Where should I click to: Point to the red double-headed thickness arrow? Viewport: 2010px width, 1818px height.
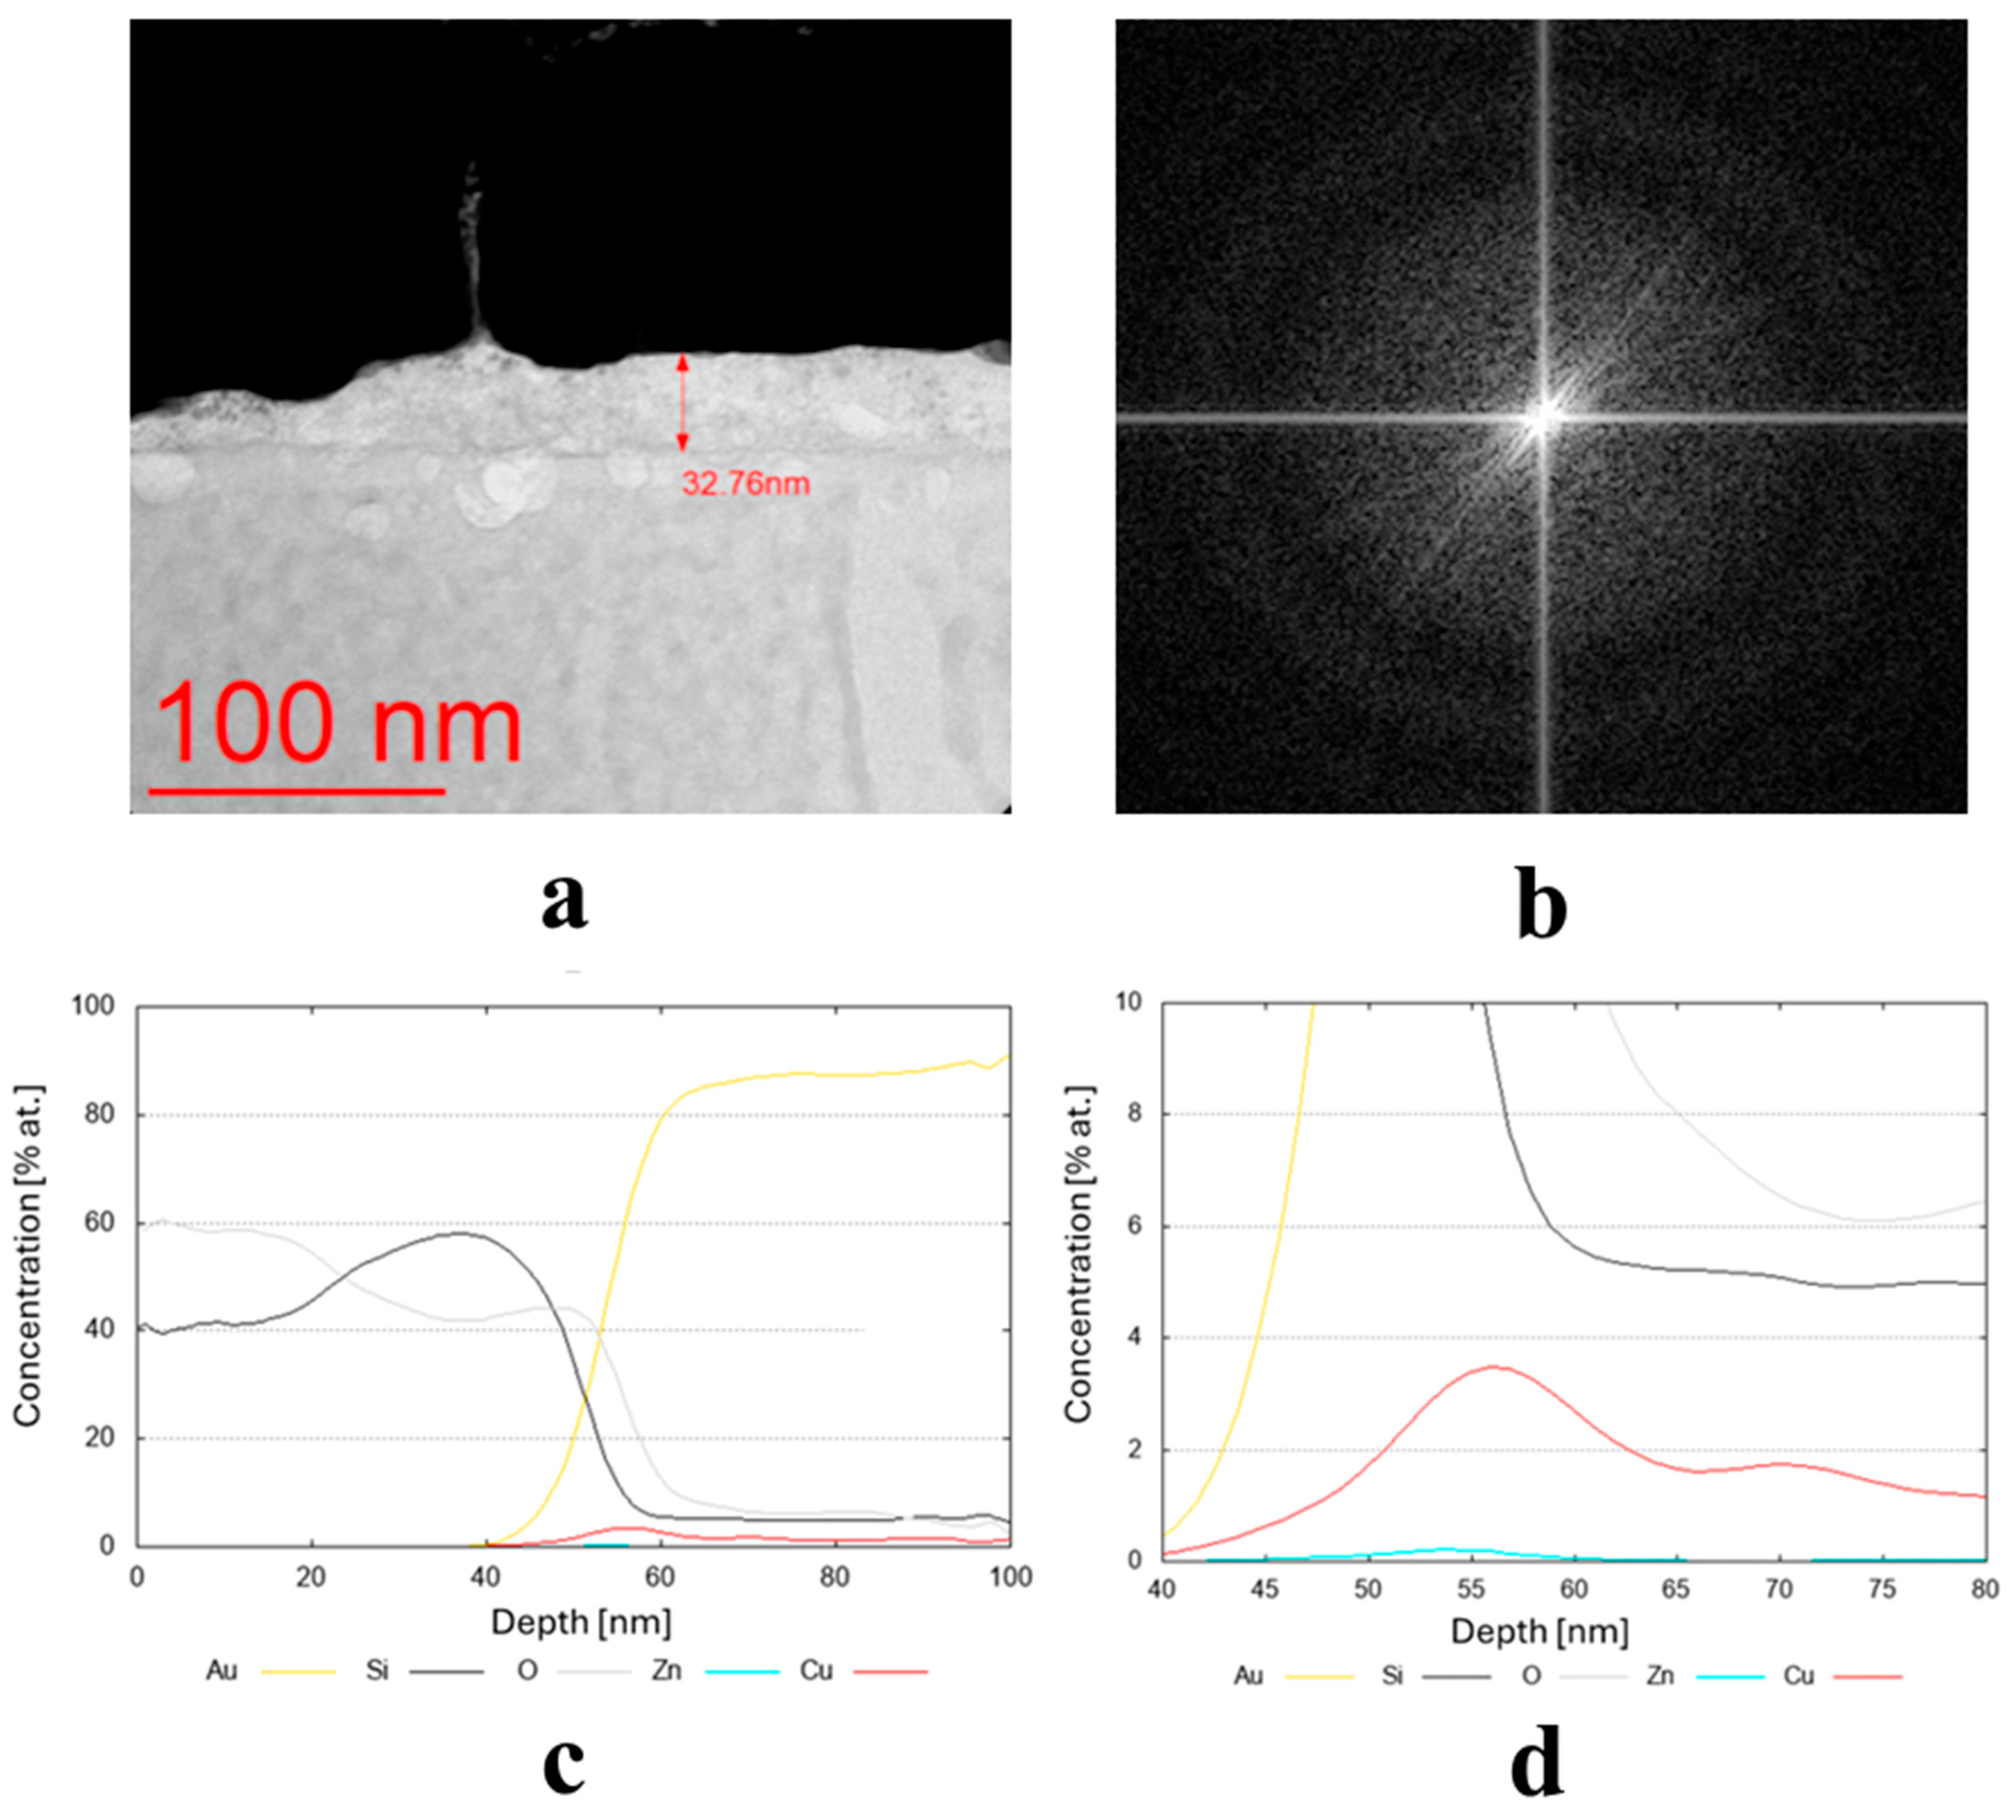point(683,404)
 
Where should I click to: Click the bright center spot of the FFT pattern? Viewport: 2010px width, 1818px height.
point(1543,415)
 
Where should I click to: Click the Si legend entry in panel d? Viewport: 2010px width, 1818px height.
point(1392,1675)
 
